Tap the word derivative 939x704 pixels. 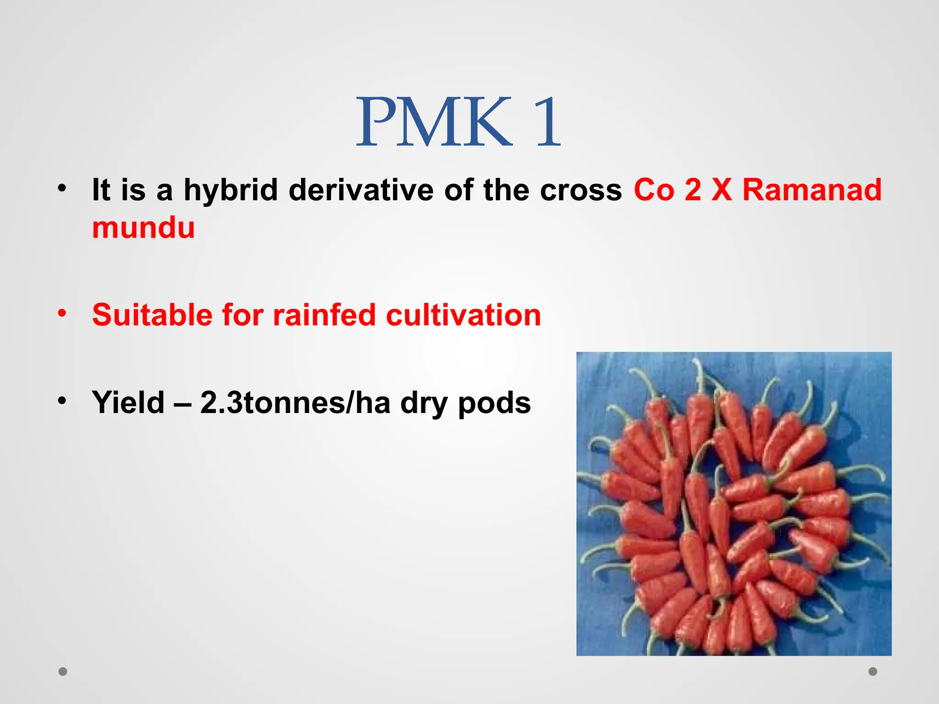[361, 190]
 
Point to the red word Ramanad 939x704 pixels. [812, 190]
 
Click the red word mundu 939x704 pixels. [143, 228]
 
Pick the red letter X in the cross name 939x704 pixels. [722, 190]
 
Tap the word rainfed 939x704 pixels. [325, 315]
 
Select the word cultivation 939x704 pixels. [463, 315]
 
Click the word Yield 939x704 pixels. [128, 402]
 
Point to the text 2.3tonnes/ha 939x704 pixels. [295, 402]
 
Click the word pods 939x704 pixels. [494, 402]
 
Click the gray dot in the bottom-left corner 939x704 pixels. [63, 671]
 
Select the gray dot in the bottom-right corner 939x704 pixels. [873, 671]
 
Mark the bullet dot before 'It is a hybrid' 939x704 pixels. [62, 188]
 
